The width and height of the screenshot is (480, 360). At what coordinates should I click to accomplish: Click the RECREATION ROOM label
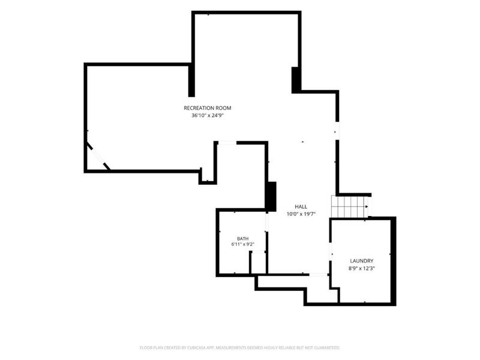[207, 108]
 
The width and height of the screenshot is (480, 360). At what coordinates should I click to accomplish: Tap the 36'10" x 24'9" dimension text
[208, 116]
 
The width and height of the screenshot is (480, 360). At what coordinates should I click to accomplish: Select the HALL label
[301, 206]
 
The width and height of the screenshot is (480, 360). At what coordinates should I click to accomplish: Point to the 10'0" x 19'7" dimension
[301, 214]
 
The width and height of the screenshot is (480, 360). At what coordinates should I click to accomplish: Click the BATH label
[243, 238]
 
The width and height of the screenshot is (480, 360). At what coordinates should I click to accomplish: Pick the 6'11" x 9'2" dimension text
[243, 244]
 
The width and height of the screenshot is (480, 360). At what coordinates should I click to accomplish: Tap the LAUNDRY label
[362, 261]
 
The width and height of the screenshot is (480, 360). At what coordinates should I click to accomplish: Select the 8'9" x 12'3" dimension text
[362, 268]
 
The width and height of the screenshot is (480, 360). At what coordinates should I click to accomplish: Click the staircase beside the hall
[350, 206]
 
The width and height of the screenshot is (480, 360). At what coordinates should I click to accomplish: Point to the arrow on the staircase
[367, 206]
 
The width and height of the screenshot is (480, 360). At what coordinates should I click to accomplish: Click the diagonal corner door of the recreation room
[98, 155]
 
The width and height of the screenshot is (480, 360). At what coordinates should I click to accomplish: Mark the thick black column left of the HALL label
[271, 196]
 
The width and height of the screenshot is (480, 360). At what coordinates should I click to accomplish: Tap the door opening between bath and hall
[266, 222]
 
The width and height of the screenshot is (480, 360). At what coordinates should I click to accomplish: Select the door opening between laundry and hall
[331, 252]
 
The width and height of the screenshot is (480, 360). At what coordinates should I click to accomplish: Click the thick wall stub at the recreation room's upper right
[295, 80]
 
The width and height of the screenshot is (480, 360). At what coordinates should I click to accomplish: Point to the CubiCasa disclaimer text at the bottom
[239, 348]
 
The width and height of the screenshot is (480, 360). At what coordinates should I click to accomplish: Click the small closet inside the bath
[258, 262]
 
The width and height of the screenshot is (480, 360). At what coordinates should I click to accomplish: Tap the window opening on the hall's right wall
[337, 131]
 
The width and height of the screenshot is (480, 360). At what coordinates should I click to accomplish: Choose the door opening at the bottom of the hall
[318, 275]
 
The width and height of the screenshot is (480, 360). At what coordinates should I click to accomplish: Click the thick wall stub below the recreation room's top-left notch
[191, 80]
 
